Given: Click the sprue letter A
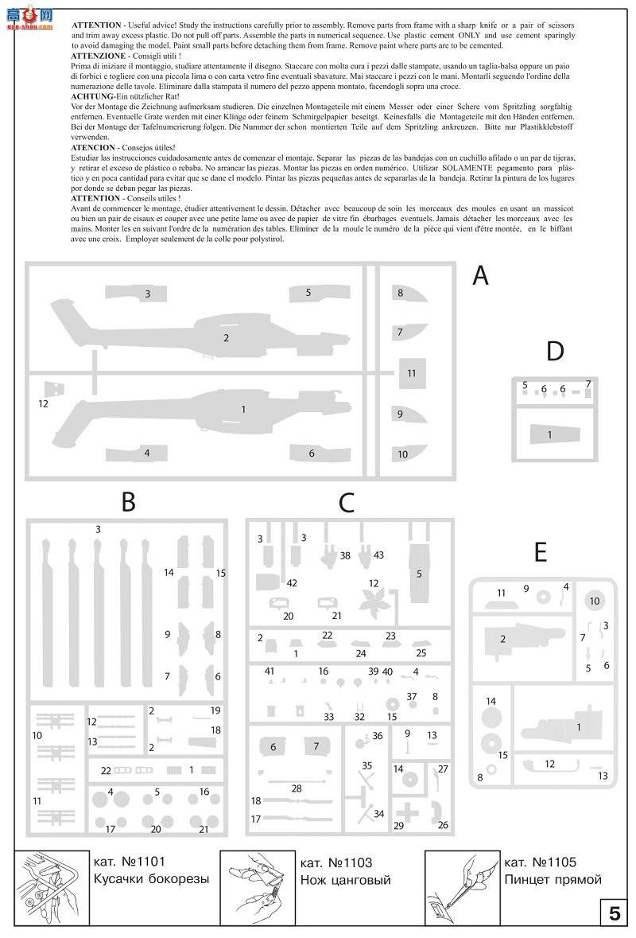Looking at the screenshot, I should [480, 276].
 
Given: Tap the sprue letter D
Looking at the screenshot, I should [555, 351].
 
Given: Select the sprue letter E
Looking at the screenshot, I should [541, 552].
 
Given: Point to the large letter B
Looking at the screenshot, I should [128, 502].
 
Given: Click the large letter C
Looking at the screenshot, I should [346, 502].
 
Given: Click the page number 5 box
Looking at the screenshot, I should [614, 913].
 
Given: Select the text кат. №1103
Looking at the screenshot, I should [336, 862].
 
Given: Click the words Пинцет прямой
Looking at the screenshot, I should [553, 879].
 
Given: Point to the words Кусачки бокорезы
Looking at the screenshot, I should [151, 879].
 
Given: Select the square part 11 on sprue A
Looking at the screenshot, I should [411, 373].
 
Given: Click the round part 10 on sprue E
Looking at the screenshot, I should [595, 601].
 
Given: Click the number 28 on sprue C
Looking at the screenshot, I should [297, 788].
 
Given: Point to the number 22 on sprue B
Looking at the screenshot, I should [106, 770].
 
